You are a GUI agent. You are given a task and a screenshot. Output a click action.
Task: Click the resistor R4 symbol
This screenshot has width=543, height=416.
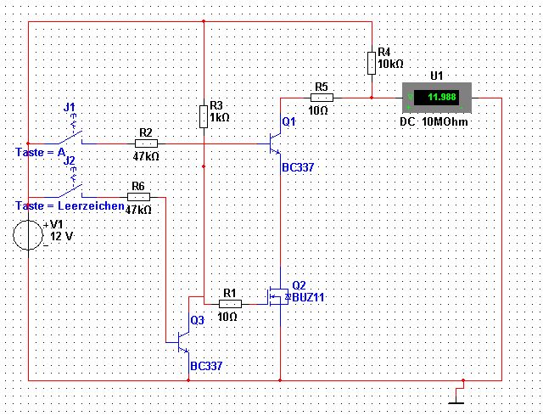[372, 63]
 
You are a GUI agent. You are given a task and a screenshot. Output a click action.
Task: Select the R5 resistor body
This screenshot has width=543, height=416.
[322, 98]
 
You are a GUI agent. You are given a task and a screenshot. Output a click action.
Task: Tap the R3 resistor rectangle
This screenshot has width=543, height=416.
[204, 116]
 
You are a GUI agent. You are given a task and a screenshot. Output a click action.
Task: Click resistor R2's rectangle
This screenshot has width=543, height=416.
[146, 143]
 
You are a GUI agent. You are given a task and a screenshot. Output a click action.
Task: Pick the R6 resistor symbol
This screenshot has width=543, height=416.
[138, 197]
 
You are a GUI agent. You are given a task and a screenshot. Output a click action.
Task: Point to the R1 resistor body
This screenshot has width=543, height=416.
[230, 305]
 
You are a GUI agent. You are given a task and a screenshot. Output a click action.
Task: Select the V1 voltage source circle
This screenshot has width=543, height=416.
[28, 235]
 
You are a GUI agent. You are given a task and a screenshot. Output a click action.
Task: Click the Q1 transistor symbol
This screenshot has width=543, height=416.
[275, 143]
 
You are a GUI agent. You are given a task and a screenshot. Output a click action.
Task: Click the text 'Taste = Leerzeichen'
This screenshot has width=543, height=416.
[70, 206]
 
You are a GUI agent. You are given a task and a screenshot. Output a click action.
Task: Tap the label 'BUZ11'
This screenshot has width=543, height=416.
[308, 297]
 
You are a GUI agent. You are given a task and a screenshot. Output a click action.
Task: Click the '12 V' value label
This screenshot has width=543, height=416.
[62, 236]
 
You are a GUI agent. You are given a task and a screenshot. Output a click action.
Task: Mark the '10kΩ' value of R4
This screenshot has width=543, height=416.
[390, 65]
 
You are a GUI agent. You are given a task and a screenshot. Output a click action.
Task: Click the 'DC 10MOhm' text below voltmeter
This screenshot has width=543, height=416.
[434, 121]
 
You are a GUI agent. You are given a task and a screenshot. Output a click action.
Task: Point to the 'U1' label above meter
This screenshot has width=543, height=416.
[436, 76]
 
